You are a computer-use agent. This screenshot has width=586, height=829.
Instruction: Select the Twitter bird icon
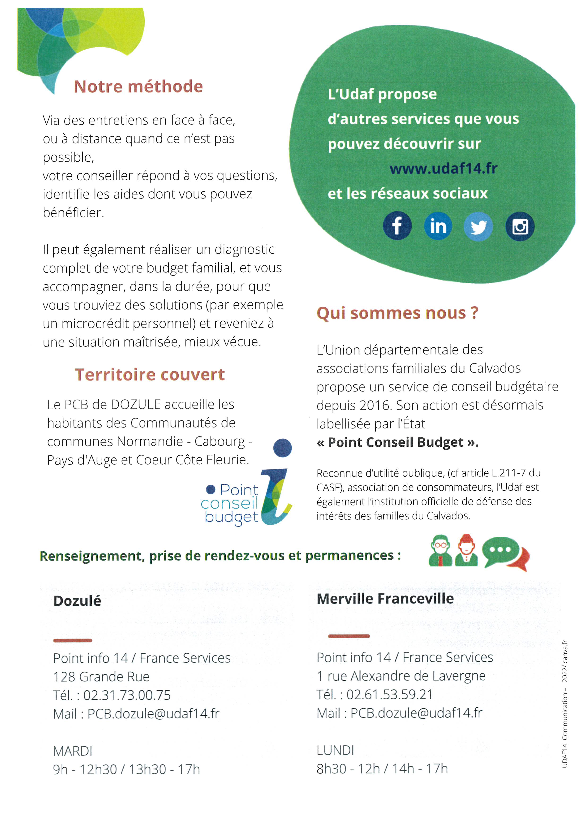(478, 227)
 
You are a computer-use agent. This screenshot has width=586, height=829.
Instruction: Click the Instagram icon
(520, 227)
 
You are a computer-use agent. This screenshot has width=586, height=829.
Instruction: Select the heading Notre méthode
(138, 87)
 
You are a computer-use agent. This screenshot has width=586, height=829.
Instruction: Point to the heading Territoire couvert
(150, 374)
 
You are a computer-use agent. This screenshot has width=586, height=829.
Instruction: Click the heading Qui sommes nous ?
(397, 313)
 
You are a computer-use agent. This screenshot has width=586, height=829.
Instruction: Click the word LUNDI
(335, 750)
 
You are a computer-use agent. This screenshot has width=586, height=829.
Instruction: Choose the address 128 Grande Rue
(101, 677)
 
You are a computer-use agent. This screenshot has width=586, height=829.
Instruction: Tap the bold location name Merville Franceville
(385, 599)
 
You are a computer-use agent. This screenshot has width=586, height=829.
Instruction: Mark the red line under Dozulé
(73, 640)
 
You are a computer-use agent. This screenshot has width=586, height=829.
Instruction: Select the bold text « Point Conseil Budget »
(397, 442)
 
